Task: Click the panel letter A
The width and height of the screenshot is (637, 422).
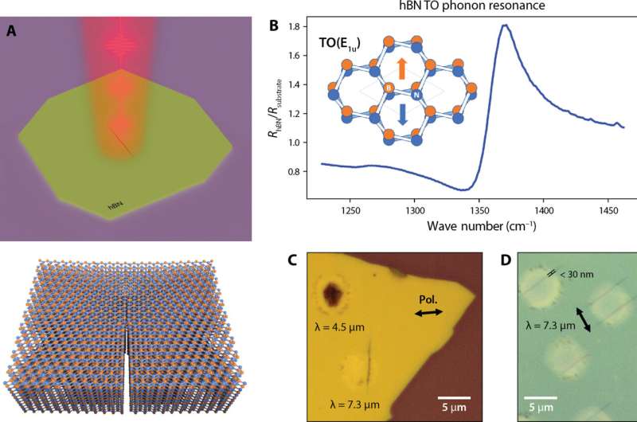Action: pyautogui.click(x=10, y=32)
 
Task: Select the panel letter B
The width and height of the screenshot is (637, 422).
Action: pyautogui.click(x=273, y=25)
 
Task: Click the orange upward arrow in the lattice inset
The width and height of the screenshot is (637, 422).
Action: pyautogui.click(x=401, y=67)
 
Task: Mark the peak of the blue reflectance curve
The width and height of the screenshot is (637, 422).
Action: pyautogui.click(x=505, y=25)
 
